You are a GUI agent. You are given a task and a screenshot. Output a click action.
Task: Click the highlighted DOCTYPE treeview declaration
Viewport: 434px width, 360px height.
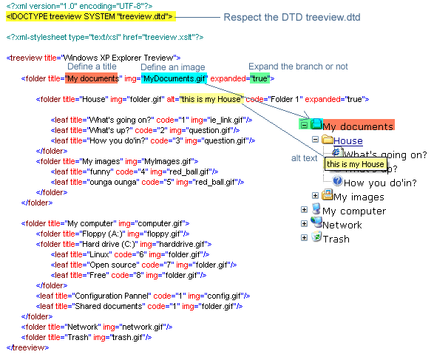[90, 16]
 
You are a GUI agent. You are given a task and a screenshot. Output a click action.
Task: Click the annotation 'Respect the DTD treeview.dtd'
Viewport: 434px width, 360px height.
[292, 17]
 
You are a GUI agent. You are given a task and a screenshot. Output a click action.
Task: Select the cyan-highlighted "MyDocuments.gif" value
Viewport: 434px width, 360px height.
[174, 78]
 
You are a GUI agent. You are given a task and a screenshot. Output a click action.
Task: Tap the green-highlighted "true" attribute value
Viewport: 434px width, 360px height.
[260, 78]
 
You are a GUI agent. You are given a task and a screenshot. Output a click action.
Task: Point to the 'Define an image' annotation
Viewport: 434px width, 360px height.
[173, 67]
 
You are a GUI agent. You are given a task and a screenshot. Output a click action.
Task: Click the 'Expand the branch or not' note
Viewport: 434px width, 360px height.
[298, 67]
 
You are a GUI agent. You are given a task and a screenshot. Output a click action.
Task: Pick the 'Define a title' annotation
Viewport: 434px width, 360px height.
[92, 67]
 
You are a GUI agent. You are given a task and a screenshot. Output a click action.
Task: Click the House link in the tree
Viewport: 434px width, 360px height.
[348, 141]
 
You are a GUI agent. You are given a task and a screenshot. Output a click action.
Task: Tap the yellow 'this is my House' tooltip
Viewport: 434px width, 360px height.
[356, 164]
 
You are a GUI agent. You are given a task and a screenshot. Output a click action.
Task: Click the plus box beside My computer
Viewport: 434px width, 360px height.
[304, 210]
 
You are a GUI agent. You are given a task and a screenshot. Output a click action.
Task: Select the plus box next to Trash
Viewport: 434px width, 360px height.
[304, 238]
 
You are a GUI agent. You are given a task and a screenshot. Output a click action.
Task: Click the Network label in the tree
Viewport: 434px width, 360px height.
[342, 225]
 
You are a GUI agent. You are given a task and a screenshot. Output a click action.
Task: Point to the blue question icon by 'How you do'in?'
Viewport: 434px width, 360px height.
[337, 181]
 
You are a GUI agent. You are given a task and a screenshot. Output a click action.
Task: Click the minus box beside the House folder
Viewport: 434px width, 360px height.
[315, 139]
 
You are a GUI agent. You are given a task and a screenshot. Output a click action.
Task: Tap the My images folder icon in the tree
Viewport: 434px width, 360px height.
[327, 195]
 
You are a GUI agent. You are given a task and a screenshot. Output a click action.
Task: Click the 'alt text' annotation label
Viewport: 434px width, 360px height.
[304, 158]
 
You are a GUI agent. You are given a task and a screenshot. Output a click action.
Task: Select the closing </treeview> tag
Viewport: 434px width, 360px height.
[27, 347]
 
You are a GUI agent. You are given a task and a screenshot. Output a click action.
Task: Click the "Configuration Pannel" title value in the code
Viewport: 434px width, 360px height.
[112, 296]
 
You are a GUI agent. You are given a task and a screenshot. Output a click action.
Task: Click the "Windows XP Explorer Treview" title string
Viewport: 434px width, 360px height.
[118, 58]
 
